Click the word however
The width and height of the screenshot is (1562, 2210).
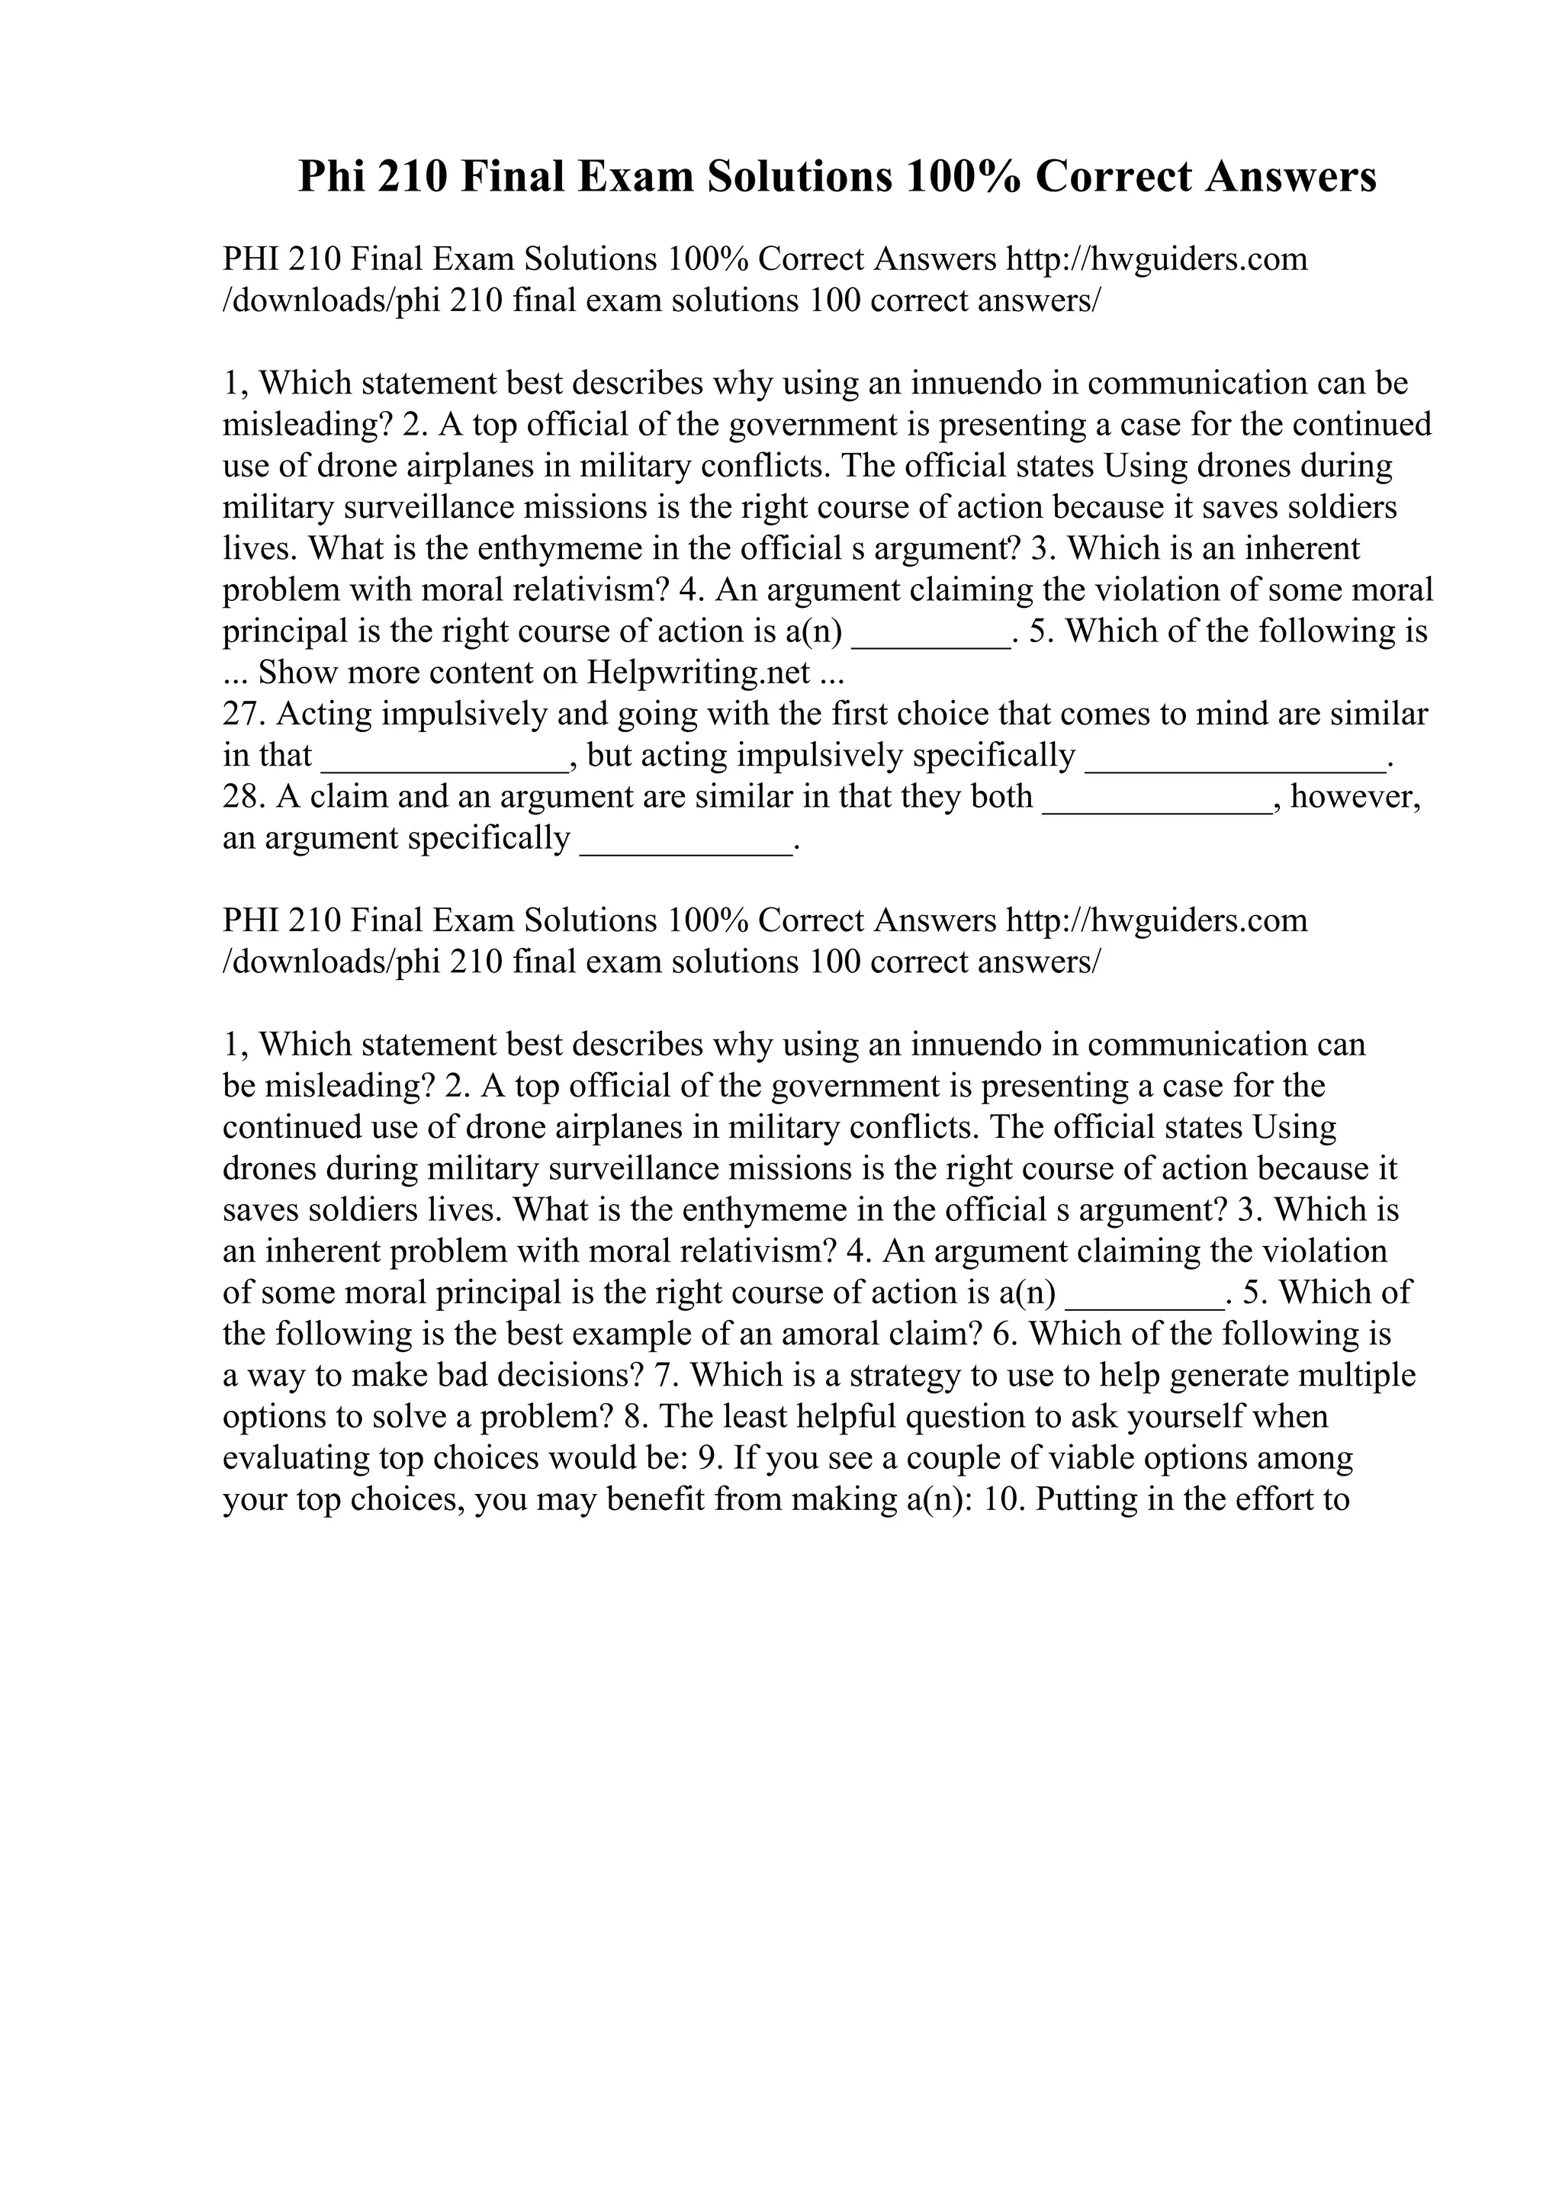click(1353, 797)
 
